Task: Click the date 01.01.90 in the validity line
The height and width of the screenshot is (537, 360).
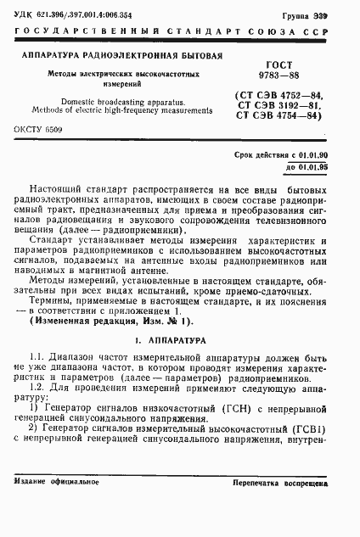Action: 311,155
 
